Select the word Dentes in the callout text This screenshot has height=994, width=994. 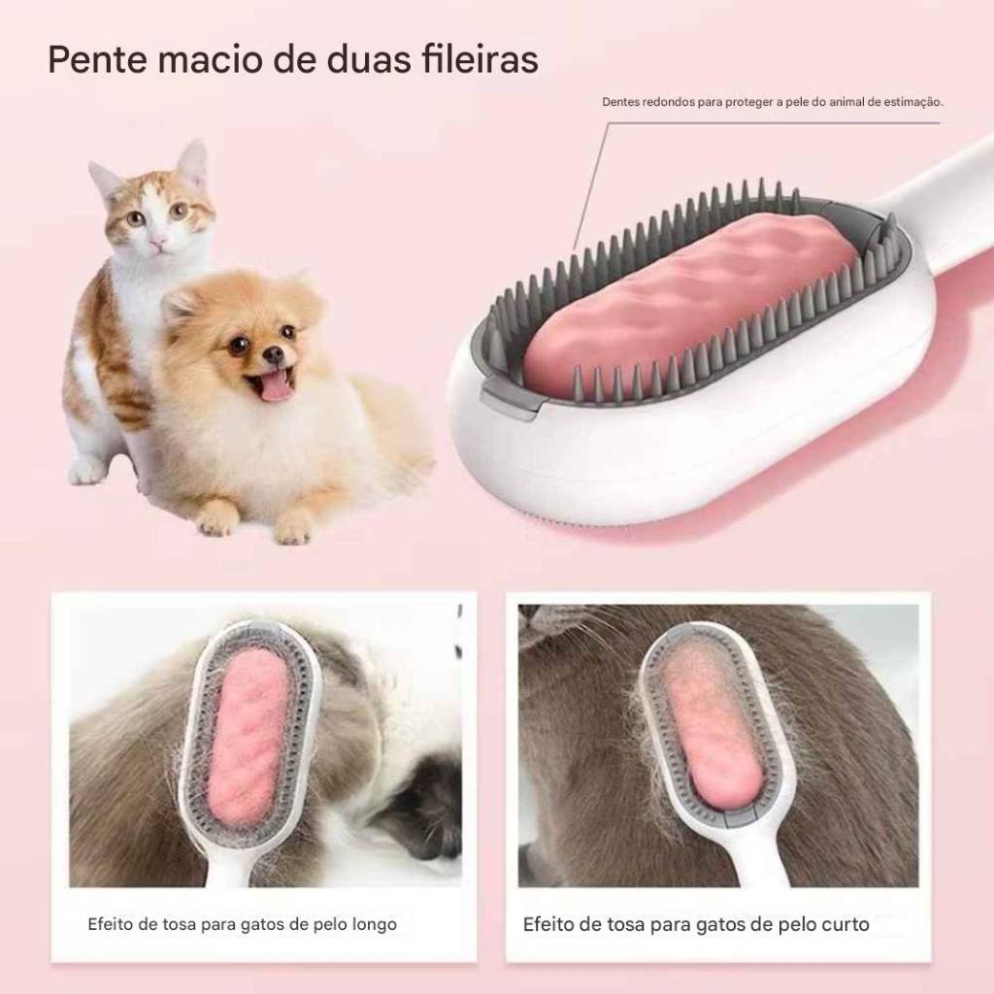(x=620, y=101)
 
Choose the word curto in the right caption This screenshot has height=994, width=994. (x=845, y=924)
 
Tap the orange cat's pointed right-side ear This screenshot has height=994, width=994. (x=193, y=162)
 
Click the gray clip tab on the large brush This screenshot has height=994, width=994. (x=507, y=397)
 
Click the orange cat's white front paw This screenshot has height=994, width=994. (x=86, y=470)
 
